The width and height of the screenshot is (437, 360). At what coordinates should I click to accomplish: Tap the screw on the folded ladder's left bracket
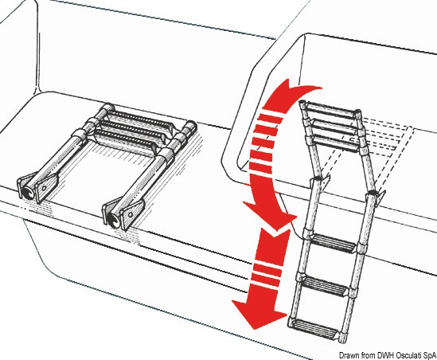(x=44, y=189)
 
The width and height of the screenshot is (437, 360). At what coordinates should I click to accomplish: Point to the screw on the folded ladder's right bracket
(x=131, y=215)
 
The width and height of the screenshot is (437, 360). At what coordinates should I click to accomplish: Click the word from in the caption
(x=369, y=355)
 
